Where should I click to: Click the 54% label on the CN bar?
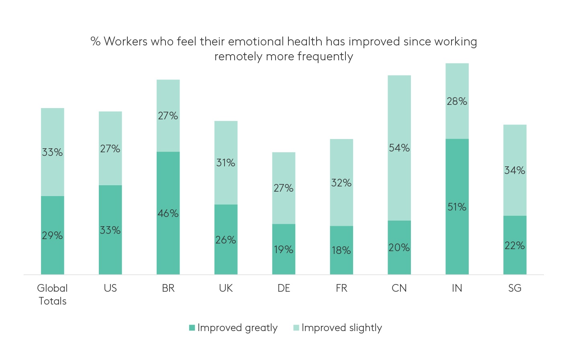399,148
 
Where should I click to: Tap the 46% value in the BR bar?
168,213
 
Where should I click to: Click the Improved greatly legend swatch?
192,328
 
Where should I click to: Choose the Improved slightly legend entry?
341,328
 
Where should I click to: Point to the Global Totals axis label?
52,295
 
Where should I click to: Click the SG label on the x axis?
515,288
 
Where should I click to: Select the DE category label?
284,288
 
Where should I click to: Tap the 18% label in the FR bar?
341,250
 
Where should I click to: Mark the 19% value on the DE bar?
284,250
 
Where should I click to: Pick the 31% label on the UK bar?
226,163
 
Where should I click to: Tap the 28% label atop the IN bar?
457,101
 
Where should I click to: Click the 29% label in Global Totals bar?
52,235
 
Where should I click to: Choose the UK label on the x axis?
226,288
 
